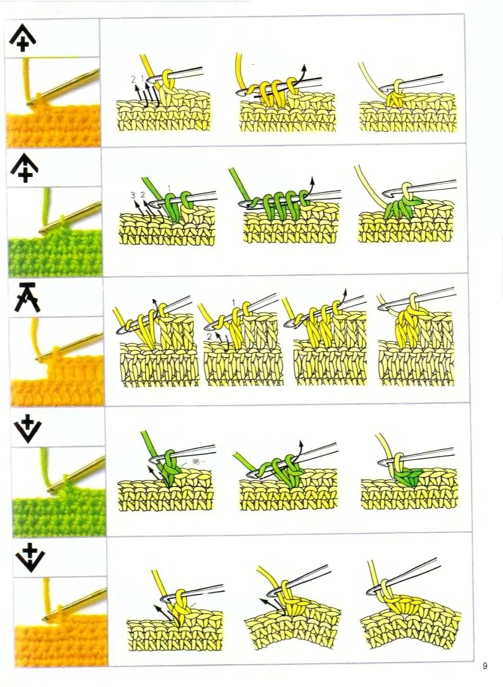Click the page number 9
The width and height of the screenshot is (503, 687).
tap(485, 665)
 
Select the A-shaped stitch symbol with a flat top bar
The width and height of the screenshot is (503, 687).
tap(27, 297)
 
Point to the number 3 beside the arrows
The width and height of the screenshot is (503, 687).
tap(133, 195)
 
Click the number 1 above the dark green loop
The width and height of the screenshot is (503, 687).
tap(169, 187)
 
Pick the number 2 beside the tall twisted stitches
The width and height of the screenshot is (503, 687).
tap(210, 337)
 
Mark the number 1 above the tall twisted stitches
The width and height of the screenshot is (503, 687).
tap(233, 303)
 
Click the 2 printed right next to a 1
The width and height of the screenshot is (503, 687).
tap(133, 79)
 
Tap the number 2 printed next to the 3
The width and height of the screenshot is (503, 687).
tap(143, 195)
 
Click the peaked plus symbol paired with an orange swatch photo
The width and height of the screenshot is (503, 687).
tap(24, 38)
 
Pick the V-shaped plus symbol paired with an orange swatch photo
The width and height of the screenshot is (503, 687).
tap(30, 558)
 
